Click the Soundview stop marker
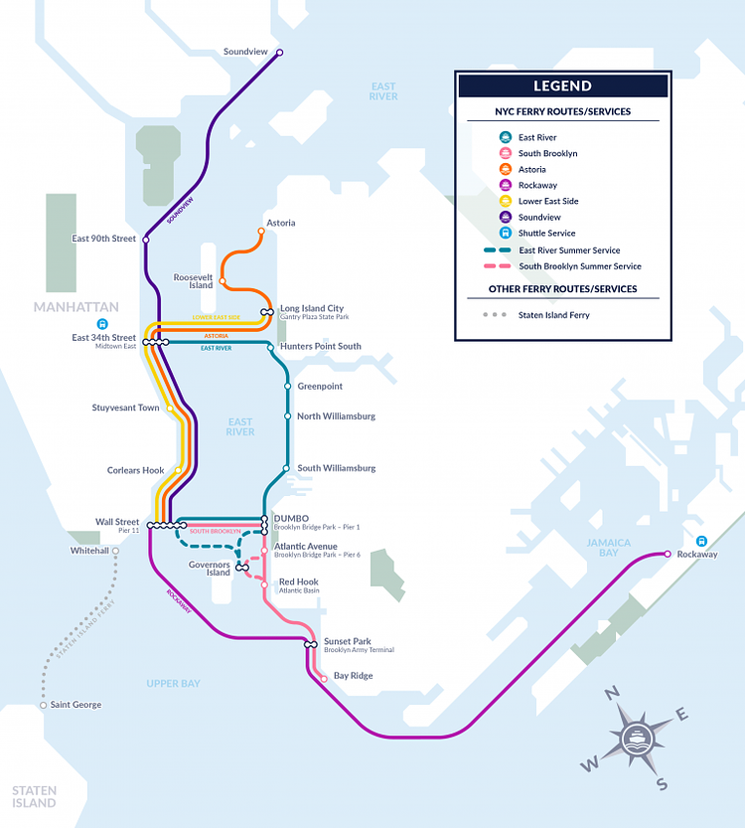(x=279, y=53)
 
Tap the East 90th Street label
(x=103, y=239)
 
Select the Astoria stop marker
(x=261, y=232)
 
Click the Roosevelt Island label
(x=194, y=280)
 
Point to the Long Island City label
(x=312, y=308)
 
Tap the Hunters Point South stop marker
(x=269, y=346)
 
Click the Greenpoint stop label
(x=320, y=386)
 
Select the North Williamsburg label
(x=336, y=416)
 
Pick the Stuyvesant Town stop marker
(x=170, y=408)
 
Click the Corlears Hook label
(x=136, y=470)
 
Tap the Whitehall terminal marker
(x=115, y=550)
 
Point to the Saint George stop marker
(x=43, y=705)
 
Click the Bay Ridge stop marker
(x=324, y=679)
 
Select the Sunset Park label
(x=348, y=642)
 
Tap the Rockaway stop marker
(x=668, y=554)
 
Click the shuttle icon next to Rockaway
(x=702, y=542)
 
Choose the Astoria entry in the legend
(x=531, y=170)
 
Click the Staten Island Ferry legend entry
(x=551, y=315)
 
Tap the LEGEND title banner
(x=562, y=85)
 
